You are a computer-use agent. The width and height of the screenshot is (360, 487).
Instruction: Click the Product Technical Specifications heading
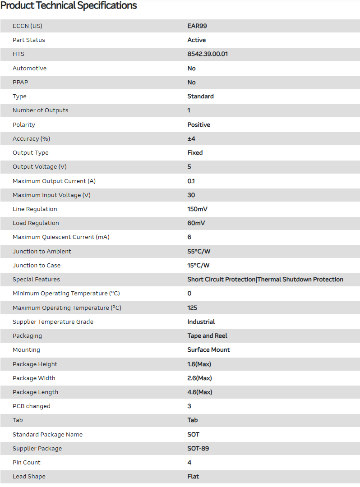coord(69,6)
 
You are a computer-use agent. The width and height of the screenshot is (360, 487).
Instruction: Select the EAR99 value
coord(197,26)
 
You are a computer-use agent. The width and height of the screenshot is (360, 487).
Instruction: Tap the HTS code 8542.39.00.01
coord(208,54)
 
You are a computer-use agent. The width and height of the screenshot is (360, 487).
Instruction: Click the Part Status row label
coord(29,40)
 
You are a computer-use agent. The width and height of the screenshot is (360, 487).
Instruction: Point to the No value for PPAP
coord(192,83)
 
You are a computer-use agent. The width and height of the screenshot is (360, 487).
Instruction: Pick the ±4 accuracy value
coord(191,139)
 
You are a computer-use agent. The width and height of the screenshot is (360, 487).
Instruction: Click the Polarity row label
coord(24,124)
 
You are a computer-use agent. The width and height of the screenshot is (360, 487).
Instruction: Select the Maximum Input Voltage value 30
coord(191,195)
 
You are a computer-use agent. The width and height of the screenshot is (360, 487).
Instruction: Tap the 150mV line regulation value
coord(198,209)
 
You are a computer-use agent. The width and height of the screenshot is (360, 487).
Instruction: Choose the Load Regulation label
coord(36,223)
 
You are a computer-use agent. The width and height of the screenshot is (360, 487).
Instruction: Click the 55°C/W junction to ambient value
coord(198,252)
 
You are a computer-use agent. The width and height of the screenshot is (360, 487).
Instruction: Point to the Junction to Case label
coord(37,266)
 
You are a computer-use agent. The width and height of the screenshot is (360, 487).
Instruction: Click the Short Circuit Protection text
coord(221,280)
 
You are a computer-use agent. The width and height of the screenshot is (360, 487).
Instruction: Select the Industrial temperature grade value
coord(201,322)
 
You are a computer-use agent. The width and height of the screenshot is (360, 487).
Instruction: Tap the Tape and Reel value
coord(208,336)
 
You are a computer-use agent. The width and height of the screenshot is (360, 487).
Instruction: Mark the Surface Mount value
coord(209,350)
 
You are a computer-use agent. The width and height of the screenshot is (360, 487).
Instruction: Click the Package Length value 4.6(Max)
coord(200,392)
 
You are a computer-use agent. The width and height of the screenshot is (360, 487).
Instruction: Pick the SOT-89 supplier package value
coord(198,449)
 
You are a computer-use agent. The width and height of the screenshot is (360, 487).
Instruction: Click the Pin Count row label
coord(27,463)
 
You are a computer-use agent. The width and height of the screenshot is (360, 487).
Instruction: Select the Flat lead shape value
coord(193,477)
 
